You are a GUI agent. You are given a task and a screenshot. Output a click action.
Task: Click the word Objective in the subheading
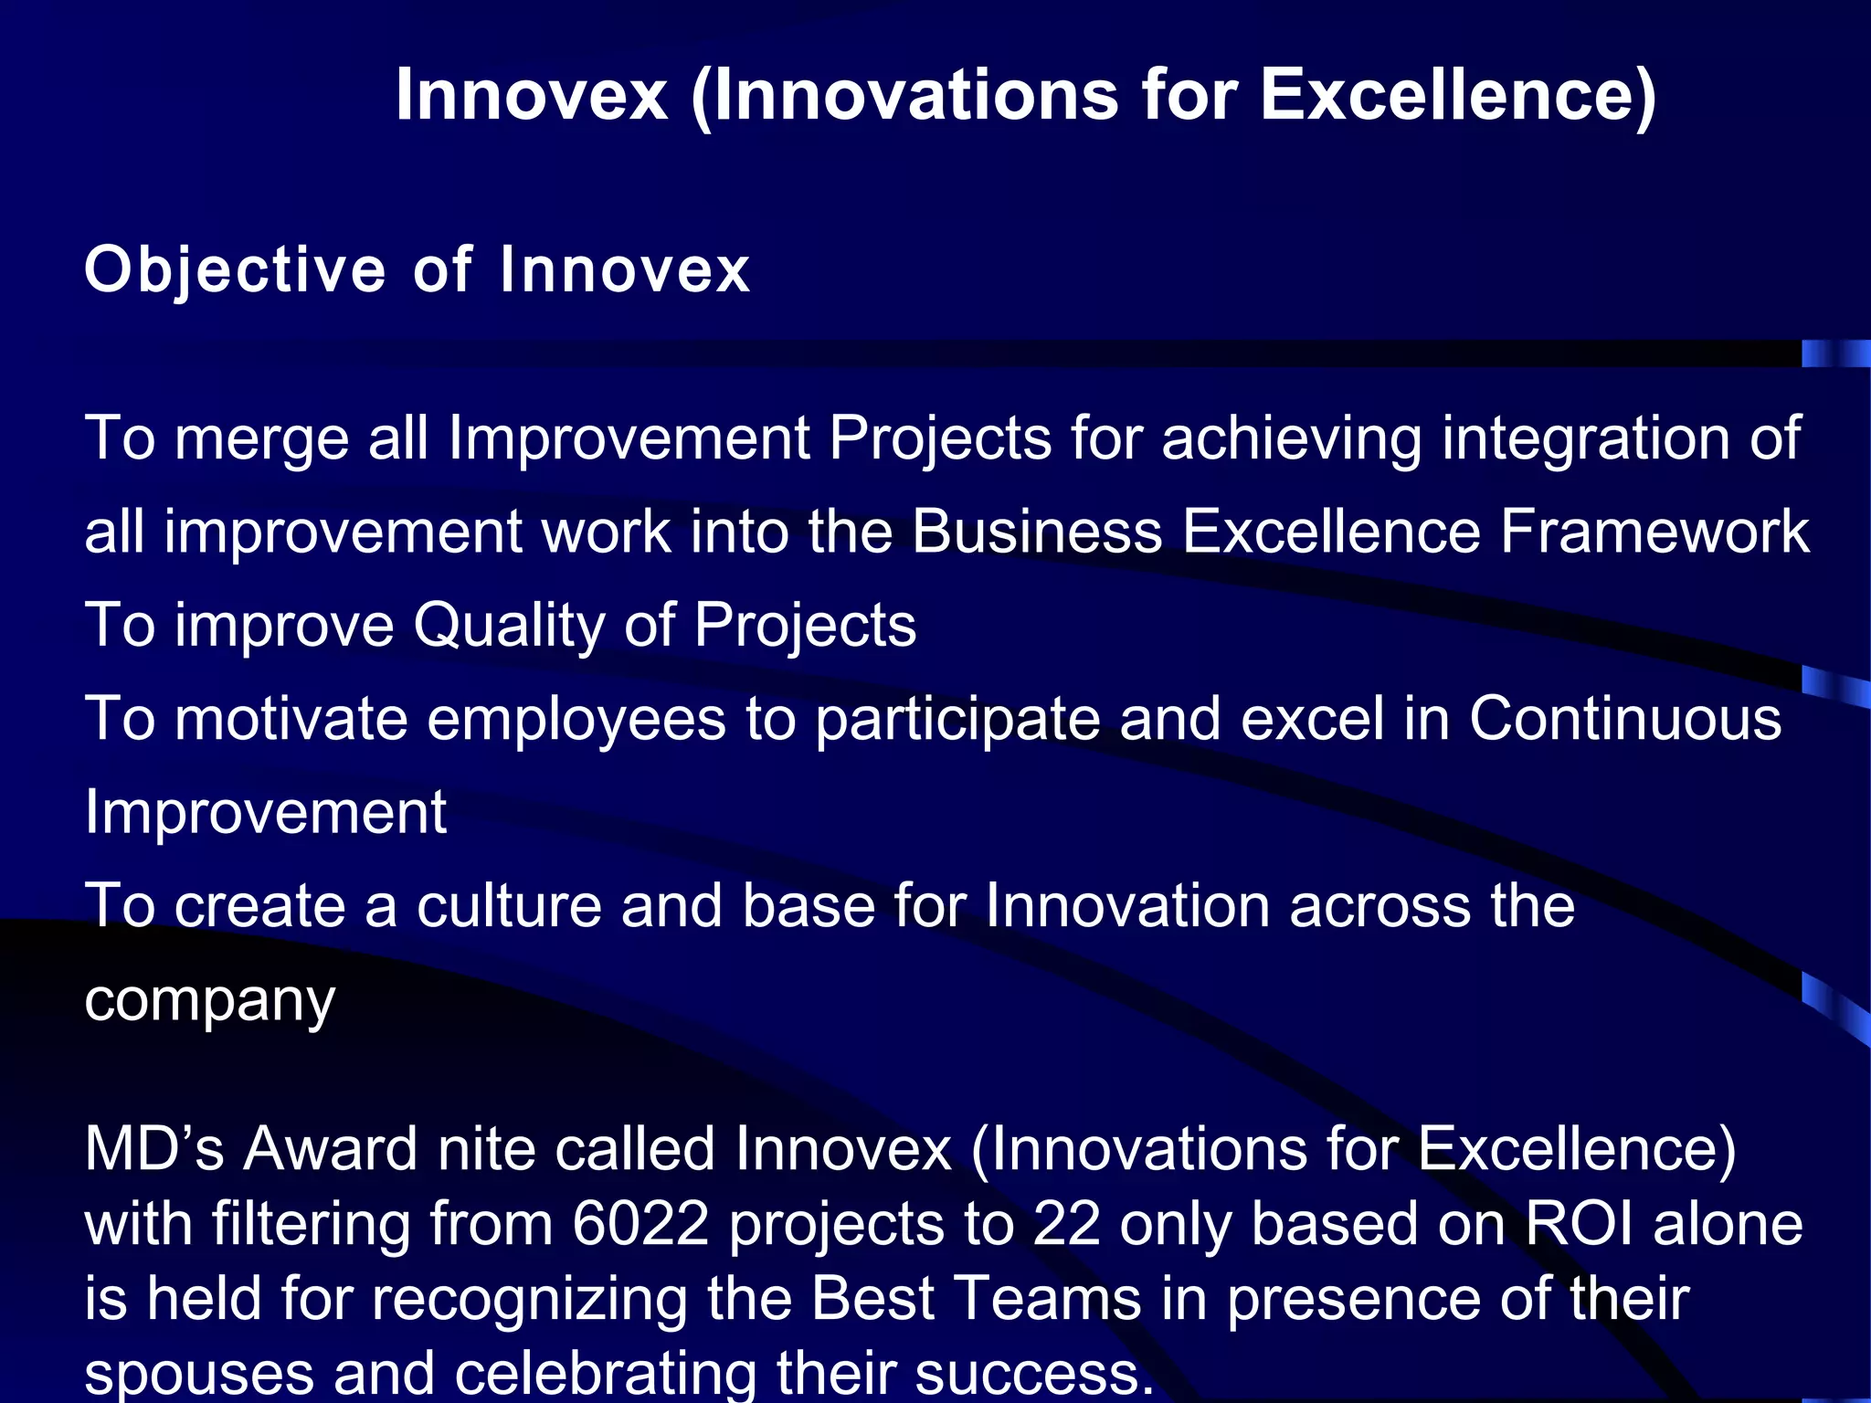235,270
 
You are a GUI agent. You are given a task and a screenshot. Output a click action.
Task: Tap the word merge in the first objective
262,439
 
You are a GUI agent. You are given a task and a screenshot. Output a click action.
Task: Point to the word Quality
508,627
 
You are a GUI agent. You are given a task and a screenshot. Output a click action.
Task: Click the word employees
576,720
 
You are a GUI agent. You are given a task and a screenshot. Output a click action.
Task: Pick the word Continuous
1624,718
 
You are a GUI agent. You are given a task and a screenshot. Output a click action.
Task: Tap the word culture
509,906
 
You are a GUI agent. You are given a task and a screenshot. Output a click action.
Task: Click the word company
210,1001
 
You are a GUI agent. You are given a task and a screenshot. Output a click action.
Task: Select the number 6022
640,1224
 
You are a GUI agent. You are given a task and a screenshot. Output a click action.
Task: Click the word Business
1037,533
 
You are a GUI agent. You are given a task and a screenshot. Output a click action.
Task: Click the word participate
957,720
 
